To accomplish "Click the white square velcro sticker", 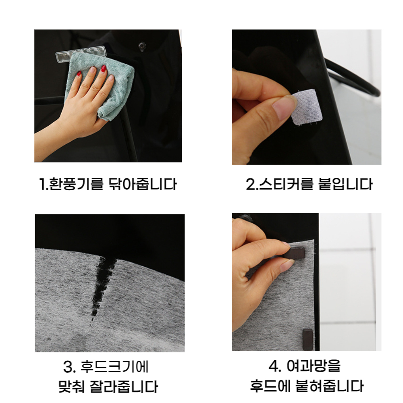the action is click(306, 107).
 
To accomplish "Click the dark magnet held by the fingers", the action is click(295, 253).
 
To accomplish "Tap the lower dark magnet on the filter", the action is click(307, 339).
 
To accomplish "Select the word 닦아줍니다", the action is click(143, 184).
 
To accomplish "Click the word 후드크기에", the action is click(114, 366).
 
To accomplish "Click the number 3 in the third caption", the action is click(68, 366).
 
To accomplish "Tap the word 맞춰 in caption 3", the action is click(72, 386).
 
